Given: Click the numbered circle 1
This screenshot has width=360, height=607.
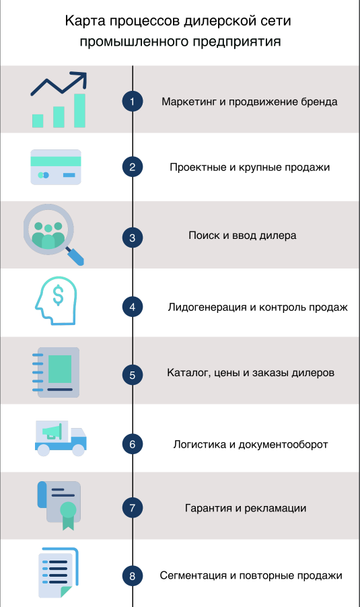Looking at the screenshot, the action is [x=133, y=102].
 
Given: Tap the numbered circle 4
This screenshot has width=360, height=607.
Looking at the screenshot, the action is [x=133, y=307].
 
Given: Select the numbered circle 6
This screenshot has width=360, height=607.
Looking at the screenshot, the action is [x=133, y=444].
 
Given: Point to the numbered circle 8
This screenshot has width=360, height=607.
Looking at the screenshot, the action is [x=133, y=575].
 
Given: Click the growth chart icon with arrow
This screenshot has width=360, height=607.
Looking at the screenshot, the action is [x=59, y=100].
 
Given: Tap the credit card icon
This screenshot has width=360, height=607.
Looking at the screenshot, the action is [x=56, y=168].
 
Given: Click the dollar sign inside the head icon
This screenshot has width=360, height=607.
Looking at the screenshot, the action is [x=58, y=295].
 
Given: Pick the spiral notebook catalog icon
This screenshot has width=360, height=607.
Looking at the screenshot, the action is [x=56, y=372].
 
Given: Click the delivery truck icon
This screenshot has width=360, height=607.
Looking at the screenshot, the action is [x=61, y=438].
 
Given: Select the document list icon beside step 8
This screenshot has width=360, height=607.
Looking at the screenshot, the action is [x=59, y=573].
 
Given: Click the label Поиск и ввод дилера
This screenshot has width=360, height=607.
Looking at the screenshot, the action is [x=242, y=236].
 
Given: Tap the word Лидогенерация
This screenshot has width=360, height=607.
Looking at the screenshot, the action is [x=207, y=308].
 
